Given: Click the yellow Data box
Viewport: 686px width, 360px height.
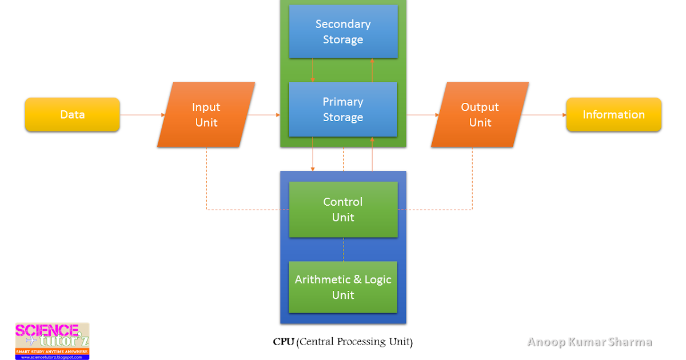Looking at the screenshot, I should point(72,115).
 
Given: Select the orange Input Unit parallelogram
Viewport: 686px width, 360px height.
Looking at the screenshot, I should point(206,115).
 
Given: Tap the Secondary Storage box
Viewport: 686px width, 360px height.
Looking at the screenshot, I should point(343,31).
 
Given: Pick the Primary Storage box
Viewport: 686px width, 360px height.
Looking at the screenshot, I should point(343,109).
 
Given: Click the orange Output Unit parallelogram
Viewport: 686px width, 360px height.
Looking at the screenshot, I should point(480,115).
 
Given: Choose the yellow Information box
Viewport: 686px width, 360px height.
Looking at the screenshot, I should point(613,115).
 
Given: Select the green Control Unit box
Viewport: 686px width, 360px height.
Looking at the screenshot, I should point(343,209).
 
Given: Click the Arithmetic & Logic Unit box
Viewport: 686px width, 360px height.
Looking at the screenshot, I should point(343,287).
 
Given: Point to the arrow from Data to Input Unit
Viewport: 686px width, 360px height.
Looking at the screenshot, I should point(142,115).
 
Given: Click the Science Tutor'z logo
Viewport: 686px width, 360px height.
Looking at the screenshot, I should point(52,341).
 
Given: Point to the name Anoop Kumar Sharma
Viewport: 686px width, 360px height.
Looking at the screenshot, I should point(589,342).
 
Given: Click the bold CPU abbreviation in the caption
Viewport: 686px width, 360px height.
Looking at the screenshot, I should point(284,342).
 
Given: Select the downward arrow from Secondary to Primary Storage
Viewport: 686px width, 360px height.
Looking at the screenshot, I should point(313,70).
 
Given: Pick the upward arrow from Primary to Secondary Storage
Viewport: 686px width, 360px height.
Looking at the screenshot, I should point(372,70).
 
